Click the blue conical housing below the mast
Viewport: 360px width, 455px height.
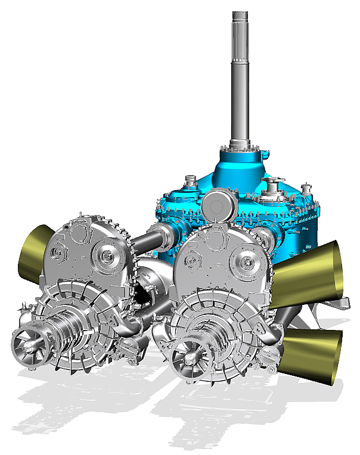[238, 167]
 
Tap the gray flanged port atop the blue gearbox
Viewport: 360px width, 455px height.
[275, 186]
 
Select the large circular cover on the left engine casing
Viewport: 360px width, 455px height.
[108, 257]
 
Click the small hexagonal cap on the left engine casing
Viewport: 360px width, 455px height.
[57, 254]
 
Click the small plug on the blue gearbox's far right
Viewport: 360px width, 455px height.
[308, 190]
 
